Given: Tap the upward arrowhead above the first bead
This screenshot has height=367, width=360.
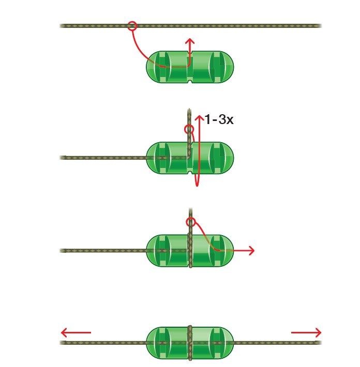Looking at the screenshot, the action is pos(190,41).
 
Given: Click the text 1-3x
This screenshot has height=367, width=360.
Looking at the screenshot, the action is pos(219,119).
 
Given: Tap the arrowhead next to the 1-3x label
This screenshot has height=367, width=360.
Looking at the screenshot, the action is pos(200,118).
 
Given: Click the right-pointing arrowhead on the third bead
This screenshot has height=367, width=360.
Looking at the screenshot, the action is pos(252,251).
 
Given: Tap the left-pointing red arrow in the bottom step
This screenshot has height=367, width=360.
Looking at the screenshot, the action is pos(76,332).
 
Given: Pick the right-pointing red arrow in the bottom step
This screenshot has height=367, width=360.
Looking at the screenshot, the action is pos(306,332).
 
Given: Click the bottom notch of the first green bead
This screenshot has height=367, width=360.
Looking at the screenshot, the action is pos(190,82).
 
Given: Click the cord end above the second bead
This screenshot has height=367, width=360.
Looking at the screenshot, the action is pos(189,110).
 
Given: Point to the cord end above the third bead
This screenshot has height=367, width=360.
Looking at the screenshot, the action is pos(190,209).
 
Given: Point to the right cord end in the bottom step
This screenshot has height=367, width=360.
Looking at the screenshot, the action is pos(320,343).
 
